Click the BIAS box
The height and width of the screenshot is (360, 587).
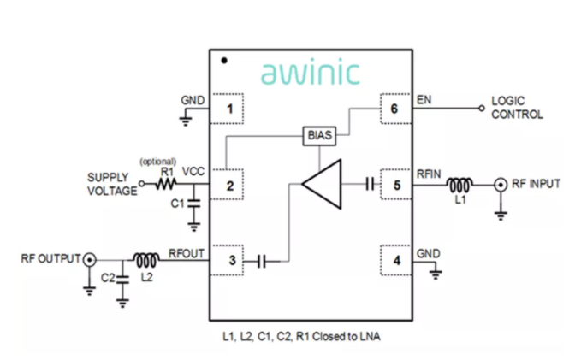click(x=317, y=135)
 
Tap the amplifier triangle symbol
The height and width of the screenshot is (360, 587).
click(x=324, y=182)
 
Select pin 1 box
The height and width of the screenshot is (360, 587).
click(x=228, y=109)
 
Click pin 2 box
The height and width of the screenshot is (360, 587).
click(x=228, y=184)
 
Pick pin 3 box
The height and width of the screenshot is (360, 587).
click(x=228, y=260)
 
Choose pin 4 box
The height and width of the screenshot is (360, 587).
click(x=395, y=260)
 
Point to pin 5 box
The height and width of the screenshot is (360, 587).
click(x=395, y=184)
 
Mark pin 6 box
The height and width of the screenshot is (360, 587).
click(x=395, y=109)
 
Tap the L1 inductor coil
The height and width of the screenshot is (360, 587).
click(x=461, y=183)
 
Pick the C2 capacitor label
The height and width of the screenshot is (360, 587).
click(x=108, y=278)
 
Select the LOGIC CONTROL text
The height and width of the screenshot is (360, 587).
click(x=516, y=108)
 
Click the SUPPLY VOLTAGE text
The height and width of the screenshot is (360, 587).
click(x=112, y=184)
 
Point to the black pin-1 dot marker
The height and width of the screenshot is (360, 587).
click(x=223, y=61)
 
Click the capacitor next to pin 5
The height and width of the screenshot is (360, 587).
click(x=370, y=183)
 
